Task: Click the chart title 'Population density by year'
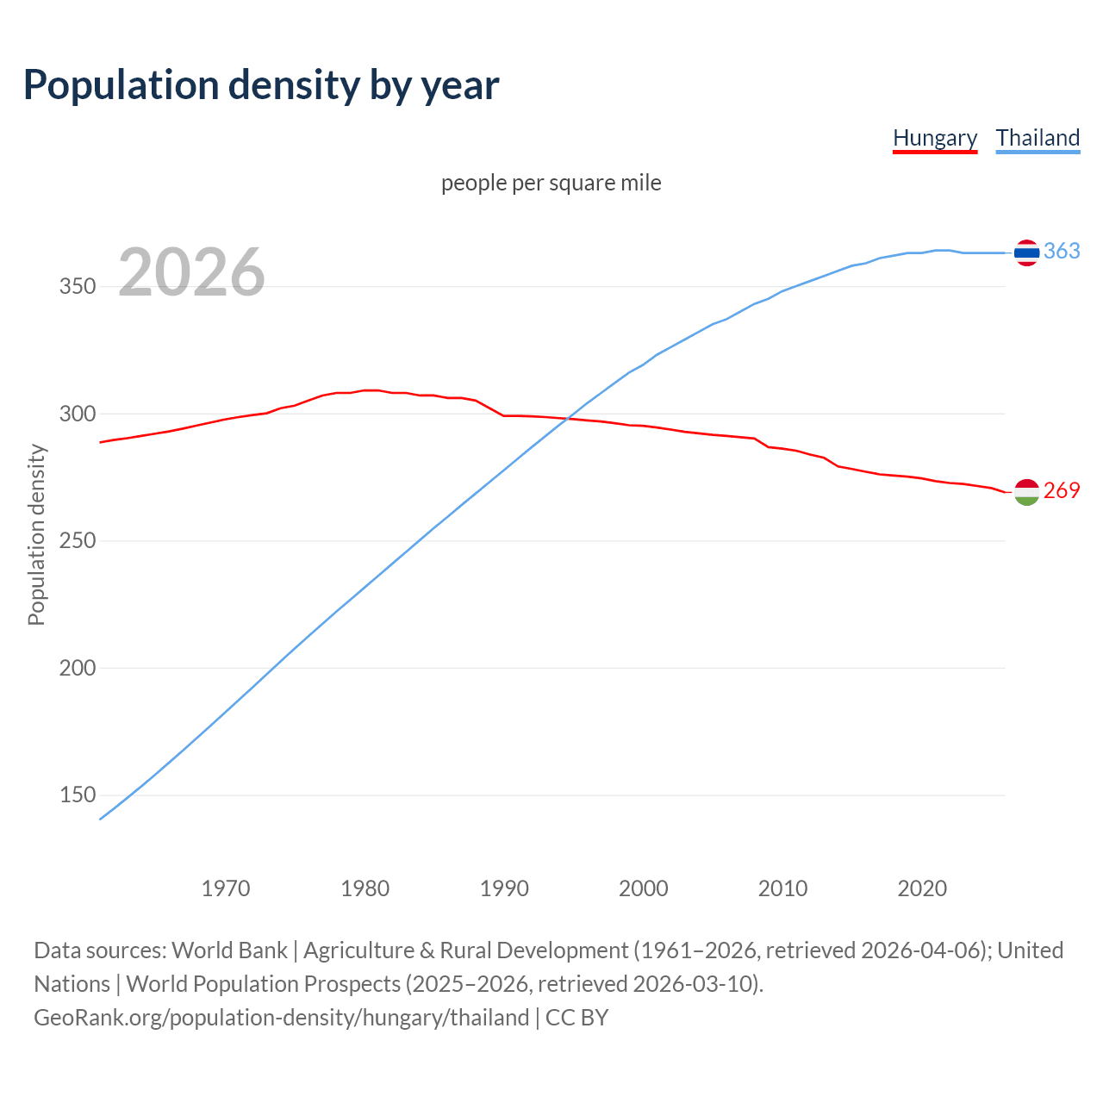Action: tap(261, 85)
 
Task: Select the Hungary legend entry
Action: tap(935, 138)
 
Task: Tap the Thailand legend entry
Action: tap(1038, 138)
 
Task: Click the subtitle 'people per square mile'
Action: tap(551, 184)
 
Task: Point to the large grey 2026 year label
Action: tap(191, 273)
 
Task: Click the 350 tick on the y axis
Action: tap(77, 287)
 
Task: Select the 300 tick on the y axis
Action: tap(77, 414)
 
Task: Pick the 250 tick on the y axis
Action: tap(77, 541)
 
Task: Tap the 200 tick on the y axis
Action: tap(77, 669)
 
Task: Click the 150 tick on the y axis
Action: tap(77, 795)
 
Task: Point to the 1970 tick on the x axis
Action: tap(226, 888)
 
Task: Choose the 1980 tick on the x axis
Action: tap(365, 888)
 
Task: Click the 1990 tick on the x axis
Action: tap(504, 888)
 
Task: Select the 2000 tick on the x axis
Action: tap(644, 888)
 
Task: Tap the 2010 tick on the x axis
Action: tap(782, 888)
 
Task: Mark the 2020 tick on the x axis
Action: tap(922, 888)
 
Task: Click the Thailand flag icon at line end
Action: tap(1026, 252)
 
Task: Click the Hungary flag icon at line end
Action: tap(1026, 492)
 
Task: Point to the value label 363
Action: tap(1062, 251)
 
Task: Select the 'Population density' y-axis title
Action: tap(36, 534)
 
